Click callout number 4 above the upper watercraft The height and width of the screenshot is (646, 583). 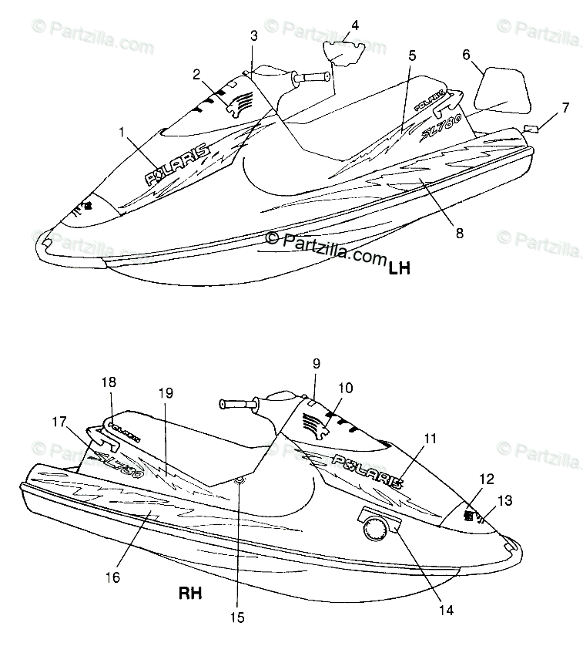(x=354, y=25)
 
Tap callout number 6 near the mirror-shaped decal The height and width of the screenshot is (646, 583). (x=466, y=55)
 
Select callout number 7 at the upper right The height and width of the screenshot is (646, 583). (x=565, y=107)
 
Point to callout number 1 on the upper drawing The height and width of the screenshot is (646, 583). (x=122, y=132)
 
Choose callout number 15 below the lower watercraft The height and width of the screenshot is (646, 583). (x=238, y=617)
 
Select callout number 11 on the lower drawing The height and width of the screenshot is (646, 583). (x=430, y=439)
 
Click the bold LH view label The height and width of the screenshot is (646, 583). (x=400, y=268)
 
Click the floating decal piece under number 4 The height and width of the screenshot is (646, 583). (x=340, y=53)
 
